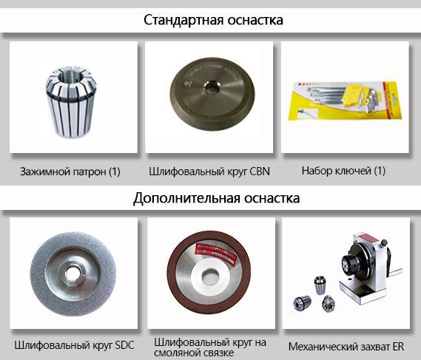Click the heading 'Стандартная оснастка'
point(213,20)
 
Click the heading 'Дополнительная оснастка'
point(216,198)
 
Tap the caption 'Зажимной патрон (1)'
point(70,171)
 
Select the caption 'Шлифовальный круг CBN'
point(209,171)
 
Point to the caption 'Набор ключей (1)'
point(343,171)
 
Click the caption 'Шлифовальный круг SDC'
point(74,345)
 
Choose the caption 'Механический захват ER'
point(346,346)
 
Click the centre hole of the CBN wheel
point(212,87)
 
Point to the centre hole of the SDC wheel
point(72,273)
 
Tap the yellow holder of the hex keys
point(352,95)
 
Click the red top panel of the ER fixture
point(366,238)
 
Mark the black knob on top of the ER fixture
point(384,242)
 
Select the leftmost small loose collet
point(302,303)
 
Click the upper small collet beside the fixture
point(320,285)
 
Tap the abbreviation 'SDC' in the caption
point(124,345)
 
